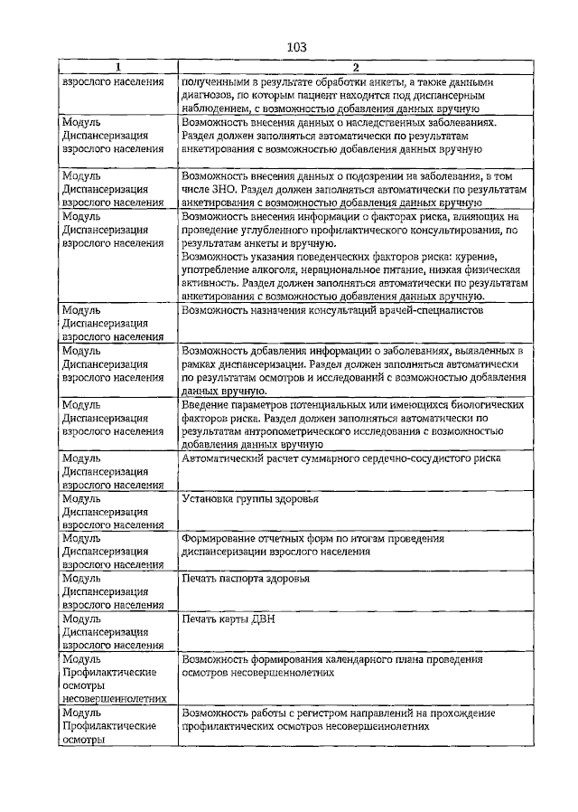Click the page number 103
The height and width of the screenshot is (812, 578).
point(297,47)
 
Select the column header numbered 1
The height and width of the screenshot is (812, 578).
point(118,68)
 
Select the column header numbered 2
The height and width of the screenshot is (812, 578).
point(355,68)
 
